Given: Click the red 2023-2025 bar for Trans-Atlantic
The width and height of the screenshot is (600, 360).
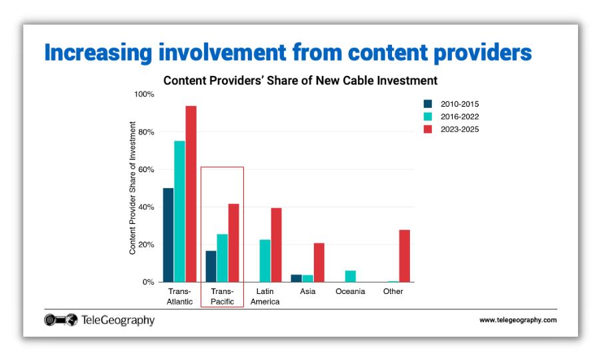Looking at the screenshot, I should pos(191,194).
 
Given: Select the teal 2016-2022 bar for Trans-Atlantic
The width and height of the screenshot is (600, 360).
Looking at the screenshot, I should pos(179,211).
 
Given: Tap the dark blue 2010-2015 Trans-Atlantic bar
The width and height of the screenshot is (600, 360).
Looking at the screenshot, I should pos(168,235).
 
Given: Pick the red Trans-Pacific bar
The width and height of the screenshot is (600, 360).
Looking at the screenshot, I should pos(233,243).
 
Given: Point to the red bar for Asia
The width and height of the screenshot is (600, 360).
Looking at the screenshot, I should pos(319,263).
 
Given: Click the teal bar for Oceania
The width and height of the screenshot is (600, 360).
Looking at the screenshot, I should pos(350,276).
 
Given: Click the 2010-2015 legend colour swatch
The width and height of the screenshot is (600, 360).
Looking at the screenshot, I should pos(428,104).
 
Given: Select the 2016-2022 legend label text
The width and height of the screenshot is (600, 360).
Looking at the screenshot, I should pos(459,117).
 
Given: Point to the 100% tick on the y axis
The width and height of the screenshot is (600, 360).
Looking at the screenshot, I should pos(144,95).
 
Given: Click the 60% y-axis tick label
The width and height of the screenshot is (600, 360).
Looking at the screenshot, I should pos(145,170).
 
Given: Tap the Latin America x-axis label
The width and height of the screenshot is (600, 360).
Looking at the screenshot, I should pos(265,297).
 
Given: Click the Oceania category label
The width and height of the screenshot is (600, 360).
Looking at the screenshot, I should pos(350,291).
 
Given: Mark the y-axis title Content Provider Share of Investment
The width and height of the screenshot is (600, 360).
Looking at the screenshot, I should pos(132,188).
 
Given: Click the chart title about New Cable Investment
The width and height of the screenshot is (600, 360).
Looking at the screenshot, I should pos(300,81).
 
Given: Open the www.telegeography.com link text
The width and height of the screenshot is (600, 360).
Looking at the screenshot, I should pos(517,321).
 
